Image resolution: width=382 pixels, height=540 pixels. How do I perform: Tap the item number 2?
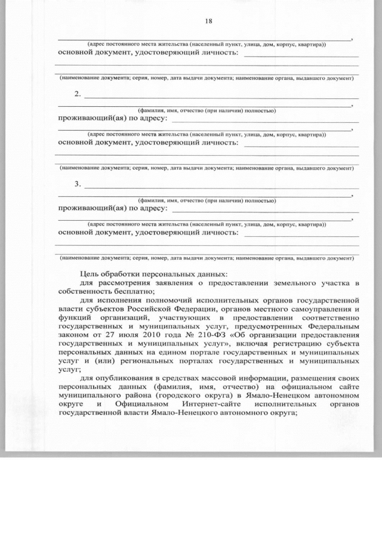[x=78, y=94]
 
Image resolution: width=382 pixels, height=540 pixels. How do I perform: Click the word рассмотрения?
[x=121, y=282]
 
